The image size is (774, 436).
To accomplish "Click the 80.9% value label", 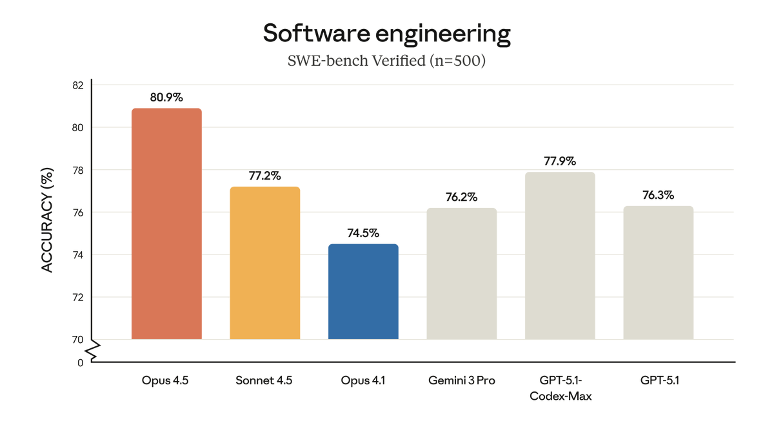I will (x=166, y=98).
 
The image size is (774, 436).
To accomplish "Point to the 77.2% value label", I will (x=264, y=176).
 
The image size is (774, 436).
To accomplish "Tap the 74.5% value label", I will (x=363, y=233).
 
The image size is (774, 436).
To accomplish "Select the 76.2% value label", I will (x=461, y=197).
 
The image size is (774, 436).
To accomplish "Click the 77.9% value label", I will (x=560, y=161).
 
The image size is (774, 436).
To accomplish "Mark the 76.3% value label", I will (x=658, y=195).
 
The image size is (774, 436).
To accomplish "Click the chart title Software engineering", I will (x=386, y=34).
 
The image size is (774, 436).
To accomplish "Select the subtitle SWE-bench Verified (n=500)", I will (x=386, y=61).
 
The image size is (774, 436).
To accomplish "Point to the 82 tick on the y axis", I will (x=77, y=85).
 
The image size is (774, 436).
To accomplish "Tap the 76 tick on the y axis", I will (x=77, y=212).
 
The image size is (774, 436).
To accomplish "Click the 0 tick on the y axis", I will (x=81, y=362).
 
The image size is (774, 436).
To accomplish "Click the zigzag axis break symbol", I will (x=92, y=351).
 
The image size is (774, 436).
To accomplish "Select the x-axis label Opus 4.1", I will (x=363, y=380).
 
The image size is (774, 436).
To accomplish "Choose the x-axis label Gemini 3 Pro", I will (x=461, y=380).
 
